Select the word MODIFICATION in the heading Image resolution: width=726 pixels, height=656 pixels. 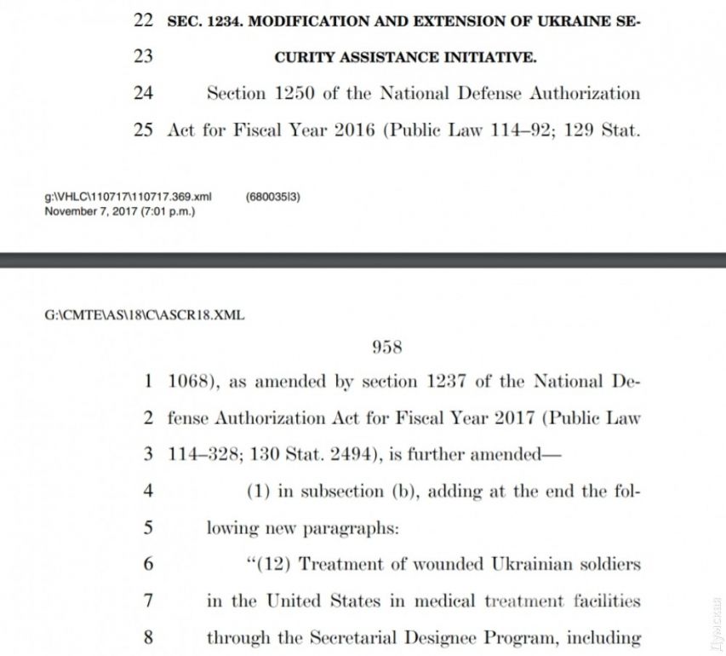click(x=298, y=21)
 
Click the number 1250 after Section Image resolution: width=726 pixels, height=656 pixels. click(x=293, y=93)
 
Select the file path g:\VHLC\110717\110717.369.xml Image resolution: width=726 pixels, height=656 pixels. click(x=128, y=197)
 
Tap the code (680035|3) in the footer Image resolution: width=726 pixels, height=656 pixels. click(x=272, y=197)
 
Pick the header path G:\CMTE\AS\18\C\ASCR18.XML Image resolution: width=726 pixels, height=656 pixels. click(x=145, y=314)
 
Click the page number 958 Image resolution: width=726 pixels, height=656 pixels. click(x=386, y=347)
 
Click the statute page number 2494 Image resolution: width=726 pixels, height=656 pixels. click(x=352, y=454)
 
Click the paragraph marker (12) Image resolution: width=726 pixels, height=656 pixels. click(x=270, y=564)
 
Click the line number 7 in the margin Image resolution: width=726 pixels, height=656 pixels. click(x=147, y=601)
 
